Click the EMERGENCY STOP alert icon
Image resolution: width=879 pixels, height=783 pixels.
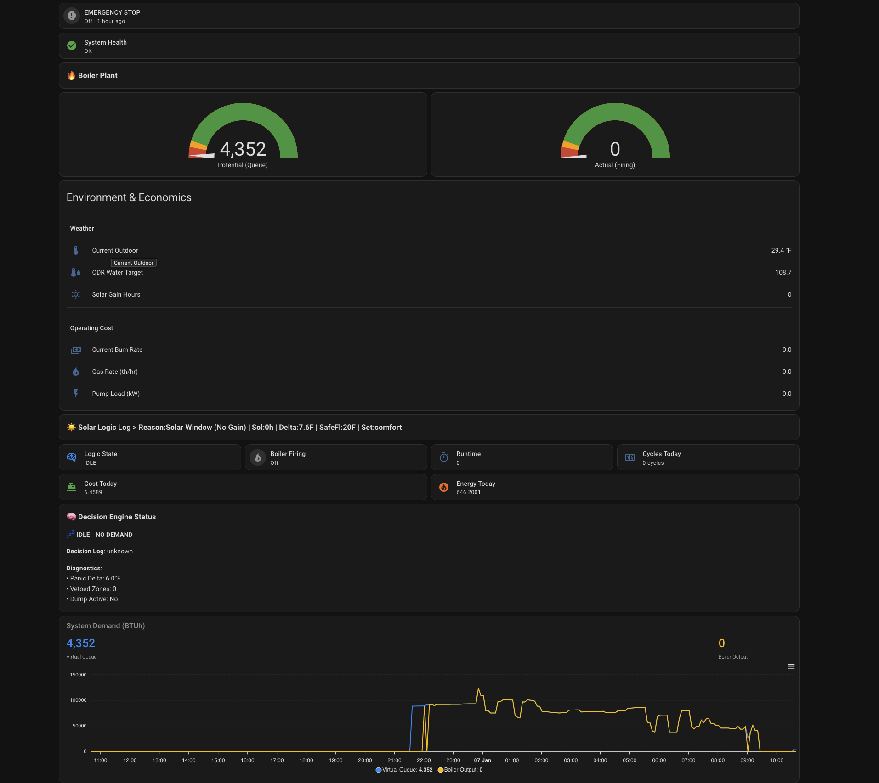[72, 16]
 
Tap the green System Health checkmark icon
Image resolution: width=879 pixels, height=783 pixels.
[72, 45]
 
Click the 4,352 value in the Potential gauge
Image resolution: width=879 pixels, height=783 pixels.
[243, 149]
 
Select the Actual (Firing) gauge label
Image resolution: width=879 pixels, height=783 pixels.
[614, 165]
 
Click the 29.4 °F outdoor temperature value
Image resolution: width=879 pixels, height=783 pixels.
[781, 250]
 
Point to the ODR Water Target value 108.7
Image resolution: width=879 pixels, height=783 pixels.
[783, 272]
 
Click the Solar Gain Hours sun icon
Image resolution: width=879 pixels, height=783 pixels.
[76, 294]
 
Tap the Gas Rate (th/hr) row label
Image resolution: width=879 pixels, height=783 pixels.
[115, 372]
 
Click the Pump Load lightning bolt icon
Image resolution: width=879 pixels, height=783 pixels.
[76, 394]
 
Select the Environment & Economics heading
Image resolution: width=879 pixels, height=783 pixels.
[129, 197]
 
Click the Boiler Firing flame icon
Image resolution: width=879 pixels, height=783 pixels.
[258, 457]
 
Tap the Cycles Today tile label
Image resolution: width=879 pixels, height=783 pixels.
[661, 454]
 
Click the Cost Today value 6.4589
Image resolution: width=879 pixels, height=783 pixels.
[93, 492]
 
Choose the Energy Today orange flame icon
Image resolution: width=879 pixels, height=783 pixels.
[444, 487]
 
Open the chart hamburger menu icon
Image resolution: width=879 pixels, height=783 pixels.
[791, 666]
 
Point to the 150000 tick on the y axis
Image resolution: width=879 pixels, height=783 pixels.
[78, 675]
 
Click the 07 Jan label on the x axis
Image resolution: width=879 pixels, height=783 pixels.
[482, 760]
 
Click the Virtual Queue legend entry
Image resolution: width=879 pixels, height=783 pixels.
[404, 770]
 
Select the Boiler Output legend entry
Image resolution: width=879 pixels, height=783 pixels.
[460, 770]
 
